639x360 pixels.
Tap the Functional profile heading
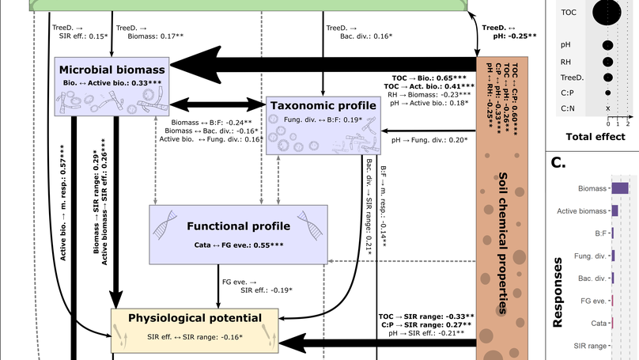tap(238, 226)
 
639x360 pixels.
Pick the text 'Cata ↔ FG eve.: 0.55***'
tap(238, 246)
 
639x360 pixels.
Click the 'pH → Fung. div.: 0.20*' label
tap(429, 139)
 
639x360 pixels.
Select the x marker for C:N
tap(607, 108)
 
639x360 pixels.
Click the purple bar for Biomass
tap(619, 188)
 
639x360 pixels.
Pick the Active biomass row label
tap(581, 210)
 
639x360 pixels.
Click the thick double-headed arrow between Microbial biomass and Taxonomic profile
tap(217, 104)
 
